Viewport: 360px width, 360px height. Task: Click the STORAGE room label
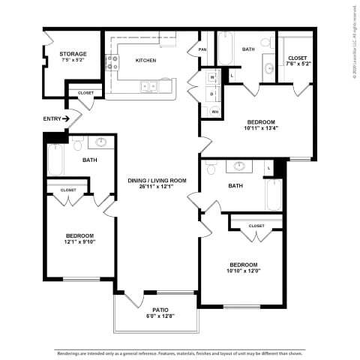[73, 54]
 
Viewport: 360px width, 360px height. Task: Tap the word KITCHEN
[145, 61]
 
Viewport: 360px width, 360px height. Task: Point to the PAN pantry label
[202, 50]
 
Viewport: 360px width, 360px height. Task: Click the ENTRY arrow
[66, 118]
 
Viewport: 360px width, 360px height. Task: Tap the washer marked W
[212, 77]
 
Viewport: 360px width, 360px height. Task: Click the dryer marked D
[212, 94]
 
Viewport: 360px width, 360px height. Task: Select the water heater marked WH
[214, 112]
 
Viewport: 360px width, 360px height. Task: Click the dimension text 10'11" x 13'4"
[261, 128]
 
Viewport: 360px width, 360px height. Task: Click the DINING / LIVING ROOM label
[156, 180]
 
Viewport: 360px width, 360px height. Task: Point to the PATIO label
[160, 309]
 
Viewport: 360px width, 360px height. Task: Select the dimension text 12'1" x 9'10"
[79, 241]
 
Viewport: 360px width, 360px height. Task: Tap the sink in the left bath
[100, 142]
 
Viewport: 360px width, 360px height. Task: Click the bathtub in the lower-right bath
[273, 196]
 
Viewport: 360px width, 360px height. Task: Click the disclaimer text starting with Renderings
[180, 351]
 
